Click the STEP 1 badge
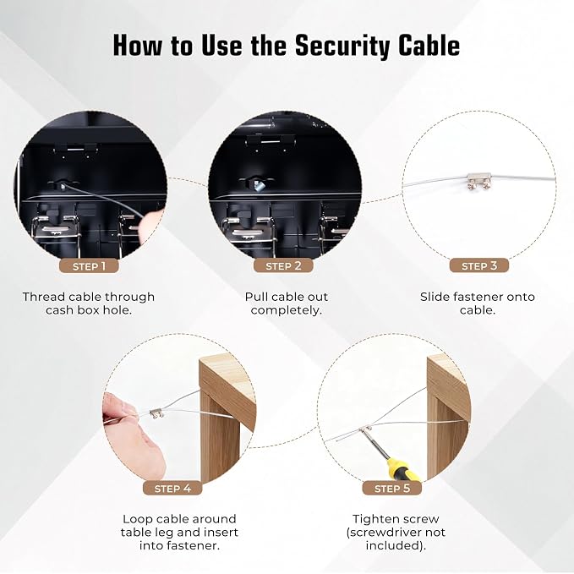[89, 265]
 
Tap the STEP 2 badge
[283, 265]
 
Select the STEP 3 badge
[478, 265]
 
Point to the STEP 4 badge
[172, 489]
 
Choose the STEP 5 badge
[392, 489]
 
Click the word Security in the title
[342, 46]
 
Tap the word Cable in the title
[429, 46]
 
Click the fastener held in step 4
[156, 413]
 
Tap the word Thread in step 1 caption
[44, 297]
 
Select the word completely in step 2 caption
[287, 310]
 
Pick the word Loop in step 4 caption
[136, 519]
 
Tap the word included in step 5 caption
[396, 546]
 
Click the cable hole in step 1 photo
[63, 186]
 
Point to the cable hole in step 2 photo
[259, 184]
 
